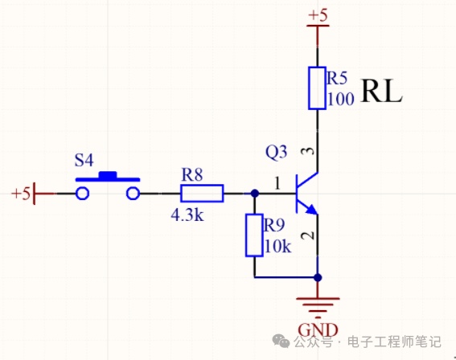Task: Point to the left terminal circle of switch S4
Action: click(82, 193)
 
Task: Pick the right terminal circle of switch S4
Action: click(134, 193)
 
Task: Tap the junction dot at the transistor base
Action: click(254, 193)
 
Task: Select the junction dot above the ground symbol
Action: click(318, 277)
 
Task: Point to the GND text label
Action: click(318, 330)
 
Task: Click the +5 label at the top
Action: click(318, 14)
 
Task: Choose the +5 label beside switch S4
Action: click(21, 193)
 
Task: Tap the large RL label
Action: click(381, 92)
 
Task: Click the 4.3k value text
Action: click(187, 215)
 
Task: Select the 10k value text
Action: click(277, 247)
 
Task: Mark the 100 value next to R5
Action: click(341, 99)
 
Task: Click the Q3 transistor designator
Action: click(277, 152)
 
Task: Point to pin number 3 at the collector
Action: click(310, 151)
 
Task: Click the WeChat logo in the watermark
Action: click(281, 341)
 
